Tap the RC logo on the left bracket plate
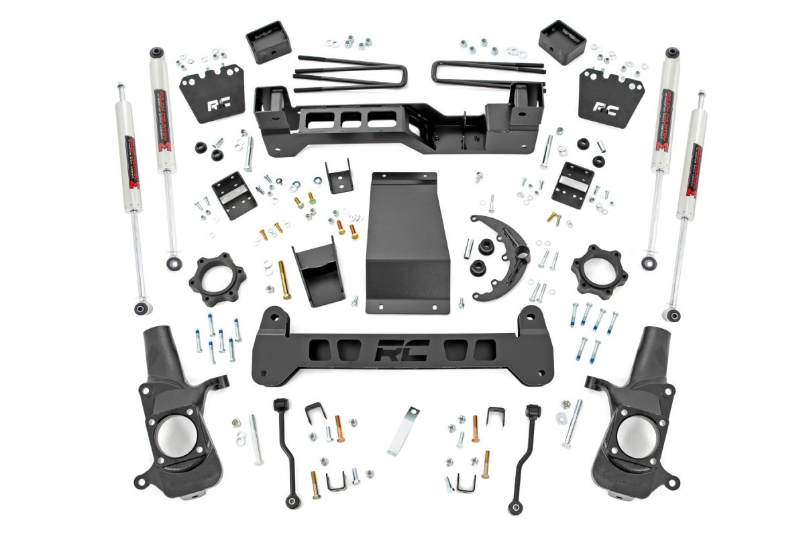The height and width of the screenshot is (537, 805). (x=219, y=105)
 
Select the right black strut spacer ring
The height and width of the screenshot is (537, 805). (x=593, y=271)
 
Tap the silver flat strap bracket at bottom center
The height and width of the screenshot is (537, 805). (x=402, y=430)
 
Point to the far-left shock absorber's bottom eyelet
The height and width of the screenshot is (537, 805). (x=141, y=308)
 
